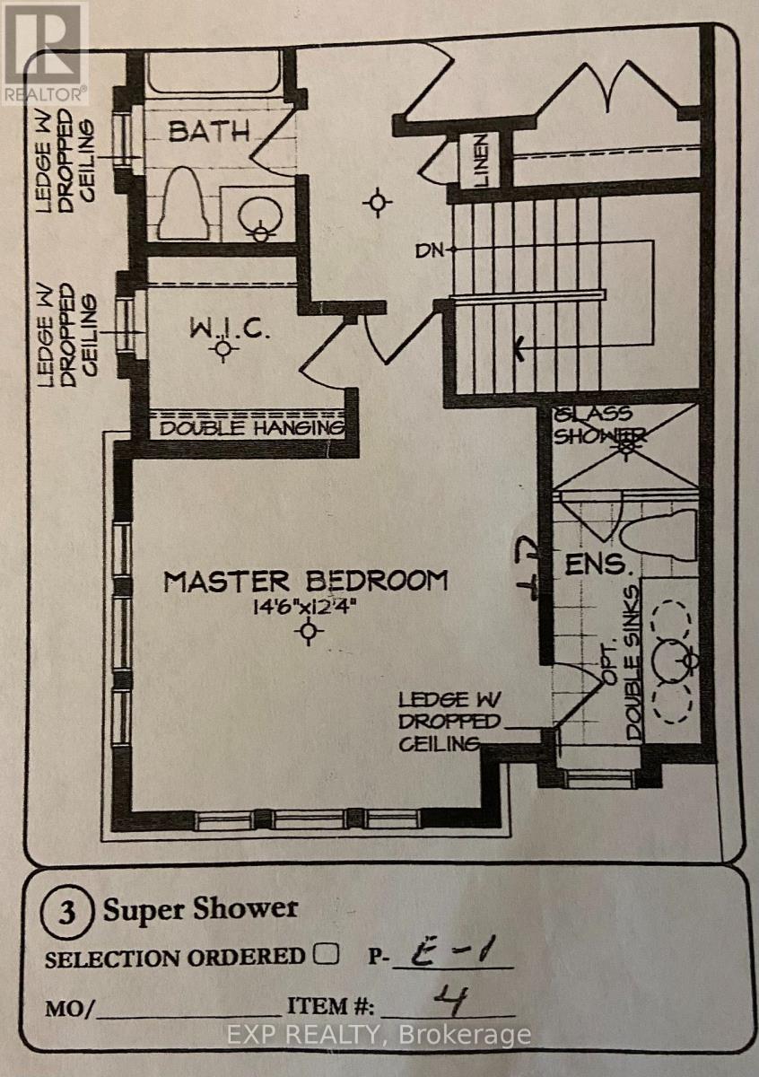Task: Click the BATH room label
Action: [x=209, y=131]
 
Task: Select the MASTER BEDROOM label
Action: [x=306, y=581]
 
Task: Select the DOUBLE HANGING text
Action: [x=252, y=427]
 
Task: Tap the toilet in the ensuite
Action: [x=658, y=535]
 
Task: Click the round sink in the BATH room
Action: [x=260, y=216]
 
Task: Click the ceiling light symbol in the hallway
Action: [x=378, y=203]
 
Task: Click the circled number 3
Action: [x=67, y=912]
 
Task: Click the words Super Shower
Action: [x=201, y=909]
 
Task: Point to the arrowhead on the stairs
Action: [x=519, y=346]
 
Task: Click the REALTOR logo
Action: [x=44, y=52]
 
